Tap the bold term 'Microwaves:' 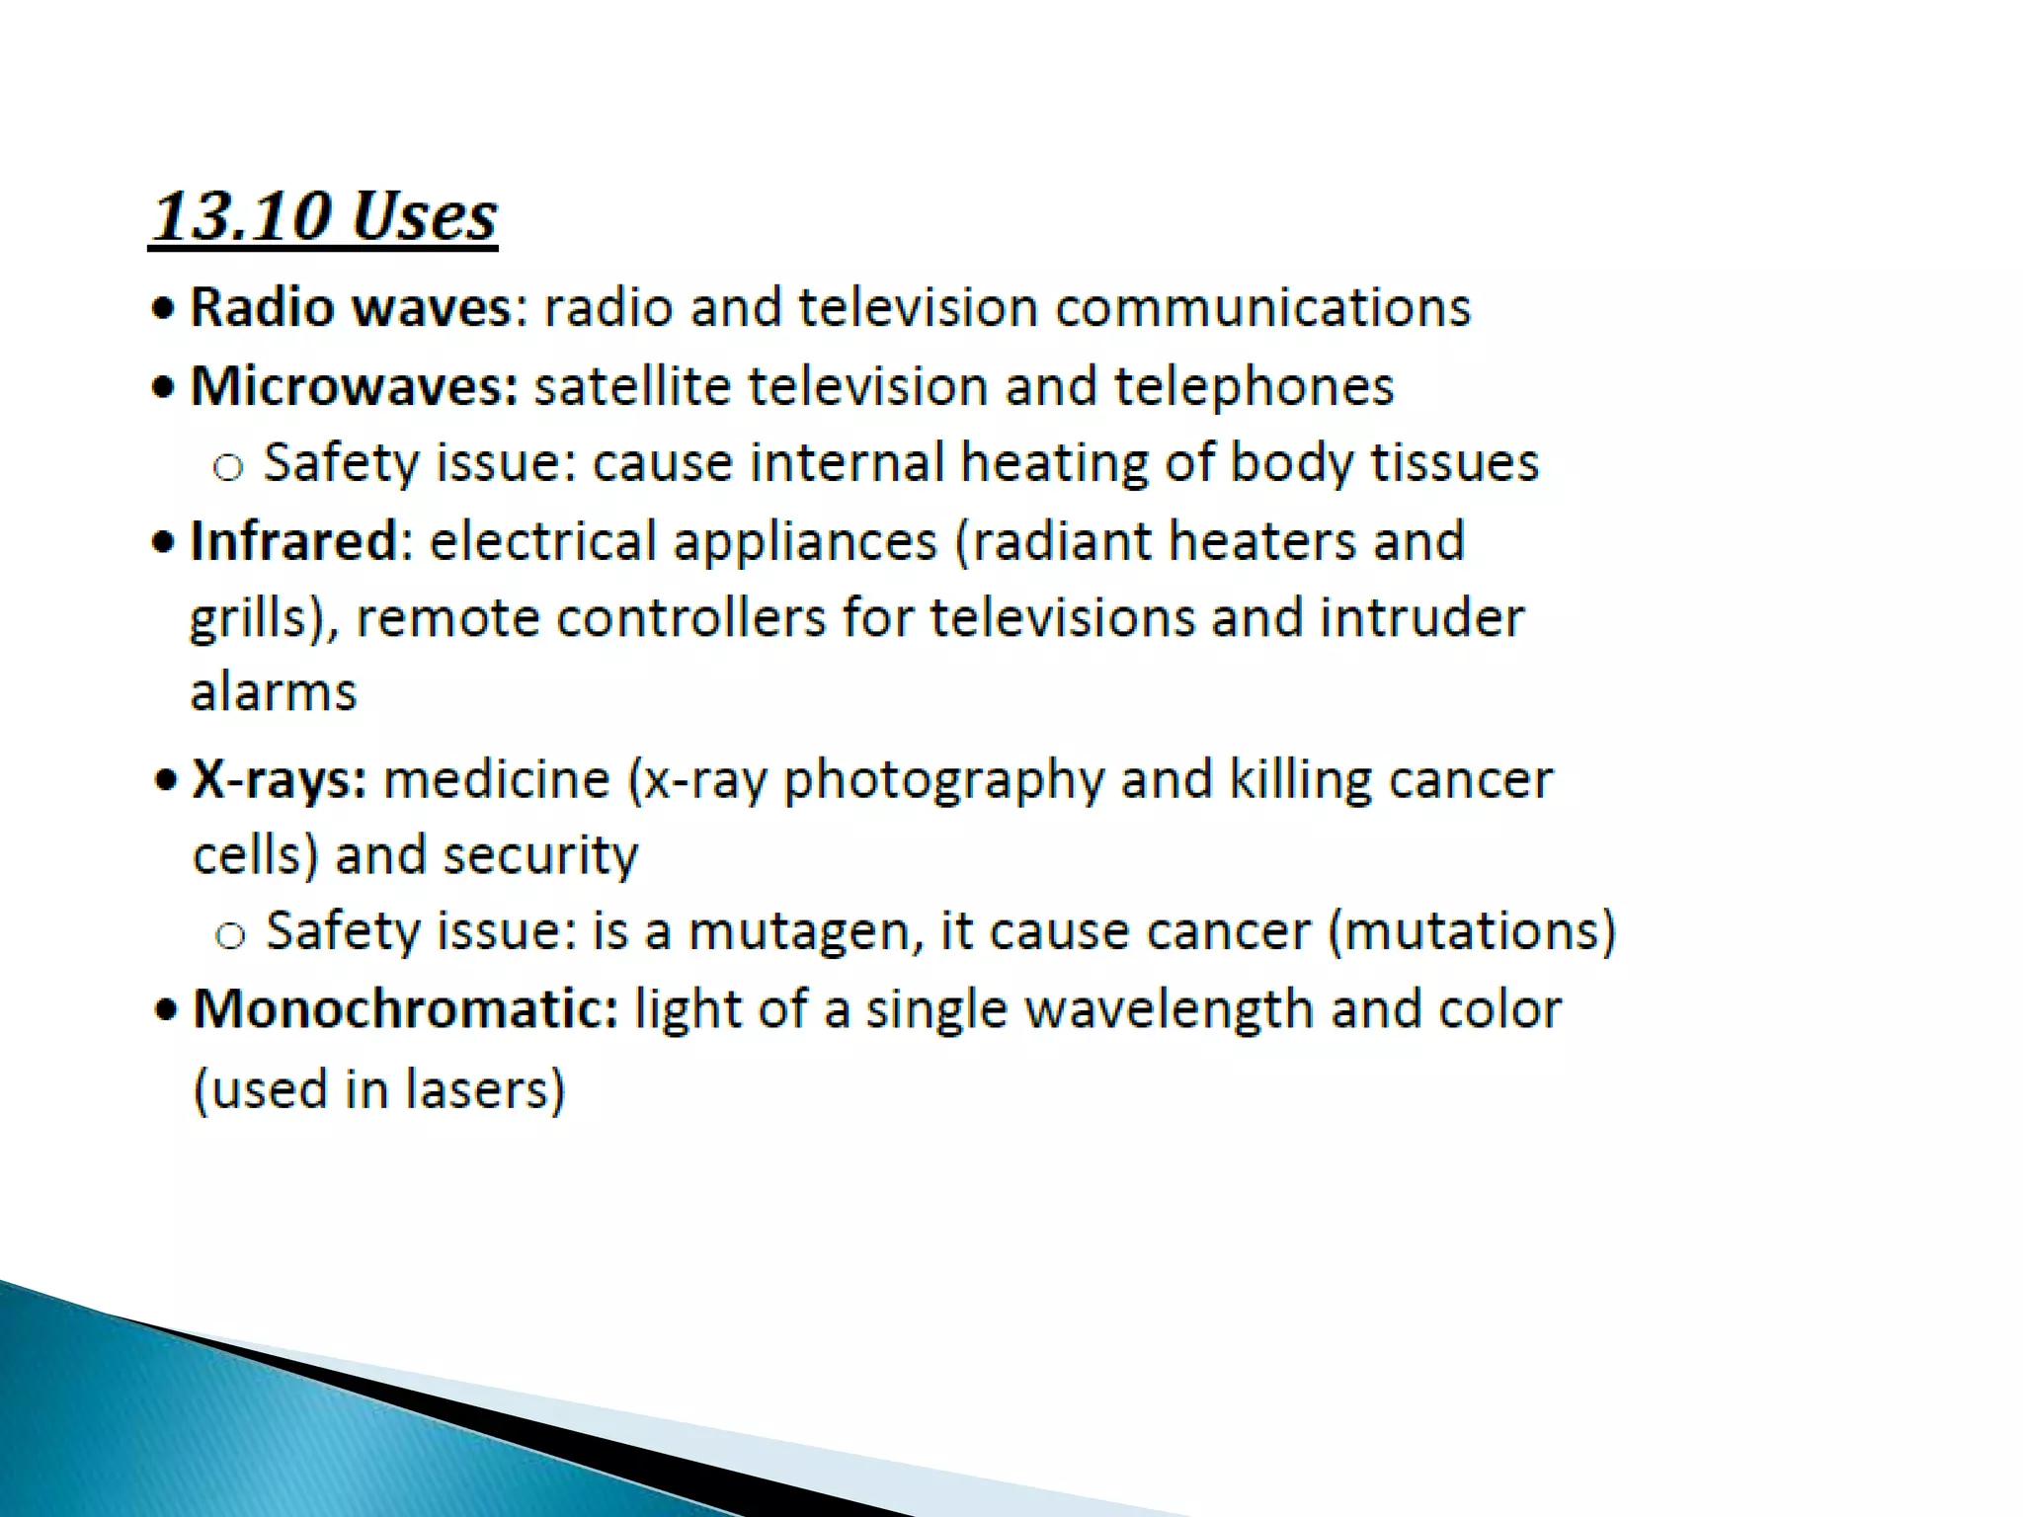point(354,386)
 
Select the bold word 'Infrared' point(293,541)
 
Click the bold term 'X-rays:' point(280,779)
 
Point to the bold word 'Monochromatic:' point(405,1009)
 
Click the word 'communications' point(1262,307)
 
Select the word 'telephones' point(1254,386)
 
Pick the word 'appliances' point(804,541)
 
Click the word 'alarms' point(274,691)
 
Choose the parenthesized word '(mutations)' point(1472,931)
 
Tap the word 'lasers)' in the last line point(485,1089)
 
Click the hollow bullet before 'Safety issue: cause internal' point(228,466)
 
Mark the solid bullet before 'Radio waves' point(164,308)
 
